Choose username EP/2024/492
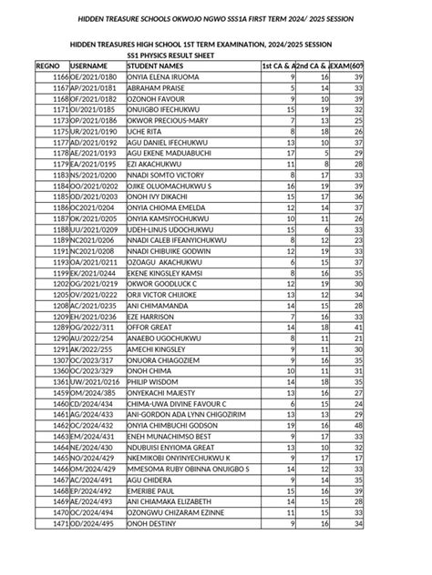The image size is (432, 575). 93,490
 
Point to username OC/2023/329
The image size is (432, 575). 93,371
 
